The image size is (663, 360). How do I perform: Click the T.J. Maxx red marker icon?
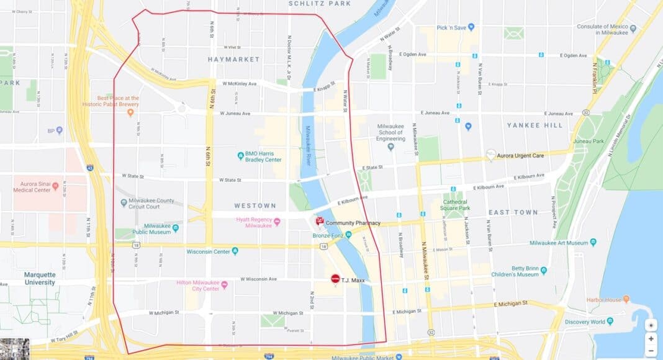pyautogui.click(x=335, y=280)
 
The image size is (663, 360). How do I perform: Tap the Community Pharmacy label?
pyautogui.click(x=353, y=223)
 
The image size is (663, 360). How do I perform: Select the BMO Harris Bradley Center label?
pyautogui.click(x=264, y=156)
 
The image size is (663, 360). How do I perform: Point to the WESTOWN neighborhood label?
pyautogui.click(x=255, y=205)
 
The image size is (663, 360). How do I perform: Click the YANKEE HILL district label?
pyautogui.click(x=534, y=125)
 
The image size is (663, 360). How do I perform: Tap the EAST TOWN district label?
pyautogui.click(x=513, y=212)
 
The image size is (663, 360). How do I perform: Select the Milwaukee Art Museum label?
pyautogui.click(x=561, y=243)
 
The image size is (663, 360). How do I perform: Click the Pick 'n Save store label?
pyautogui.click(x=451, y=27)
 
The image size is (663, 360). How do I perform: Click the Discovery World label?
pyautogui.click(x=585, y=322)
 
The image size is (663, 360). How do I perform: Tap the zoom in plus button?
pyautogui.click(x=651, y=339)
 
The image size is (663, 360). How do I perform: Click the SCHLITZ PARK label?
pyautogui.click(x=319, y=4)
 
